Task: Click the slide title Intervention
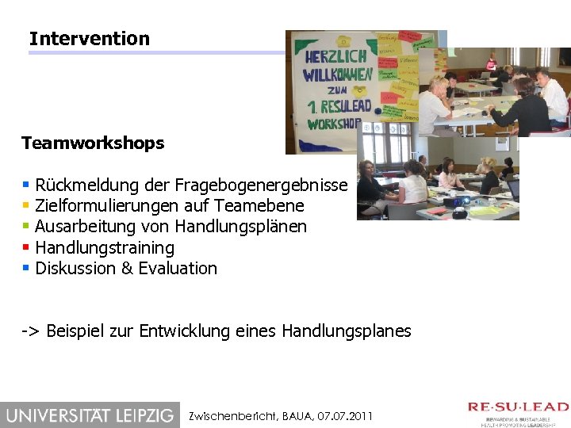click(x=89, y=38)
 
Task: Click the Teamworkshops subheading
click(x=93, y=143)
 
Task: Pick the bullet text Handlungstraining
click(x=105, y=248)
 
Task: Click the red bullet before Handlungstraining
click(x=26, y=247)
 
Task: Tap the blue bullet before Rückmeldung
click(x=26, y=185)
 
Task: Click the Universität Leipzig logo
click(x=90, y=415)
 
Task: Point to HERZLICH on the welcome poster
click(x=337, y=56)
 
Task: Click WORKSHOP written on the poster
click(x=334, y=124)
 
